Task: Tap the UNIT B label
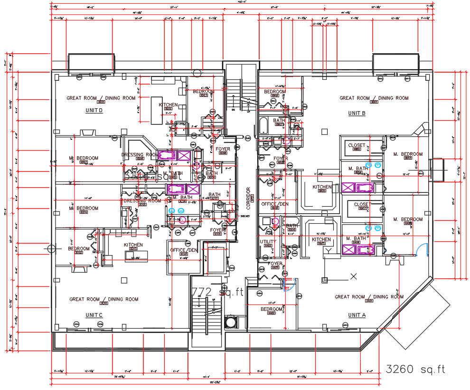coord(357,113)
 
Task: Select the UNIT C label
coord(94,315)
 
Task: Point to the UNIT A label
coord(357,315)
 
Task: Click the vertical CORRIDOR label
coord(248,198)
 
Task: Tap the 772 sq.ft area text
coord(217,292)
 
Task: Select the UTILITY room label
coord(267,242)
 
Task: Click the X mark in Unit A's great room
coord(353,276)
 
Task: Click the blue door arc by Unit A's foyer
coord(290,285)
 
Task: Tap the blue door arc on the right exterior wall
coord(422,250)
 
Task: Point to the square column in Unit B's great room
coord(324,132)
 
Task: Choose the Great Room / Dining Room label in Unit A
coord(369,297)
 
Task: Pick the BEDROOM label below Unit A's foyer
coord(271,309)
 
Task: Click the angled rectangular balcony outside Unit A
coord(417,314)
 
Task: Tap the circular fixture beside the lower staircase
coord(231,322)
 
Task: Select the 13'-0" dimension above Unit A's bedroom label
coord(272,303)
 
